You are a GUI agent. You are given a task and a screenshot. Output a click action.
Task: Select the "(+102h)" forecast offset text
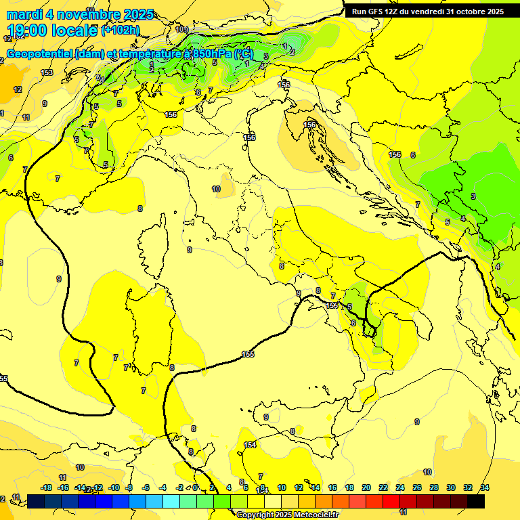pyautogui.click(x=121, y=30)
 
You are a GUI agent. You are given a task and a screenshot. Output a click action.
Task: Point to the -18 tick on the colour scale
pyautogui.click(x=46, y=487)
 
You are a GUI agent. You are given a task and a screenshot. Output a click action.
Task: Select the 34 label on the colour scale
pyautogui.click(x=485, y=487)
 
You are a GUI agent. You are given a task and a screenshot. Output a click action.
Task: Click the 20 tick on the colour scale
pyautogui.click(x=366, y=487)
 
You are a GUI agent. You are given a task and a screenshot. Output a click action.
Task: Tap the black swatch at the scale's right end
pyautogui.click(x=476, y=501)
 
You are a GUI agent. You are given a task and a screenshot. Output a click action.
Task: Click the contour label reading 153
pyautogui.click(x=47, y=72)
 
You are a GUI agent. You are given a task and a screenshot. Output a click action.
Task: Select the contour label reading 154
pyautogui.click(x=250, y=445)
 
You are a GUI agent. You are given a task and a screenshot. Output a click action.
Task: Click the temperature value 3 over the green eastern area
pyautogui.click(x=473, y=196)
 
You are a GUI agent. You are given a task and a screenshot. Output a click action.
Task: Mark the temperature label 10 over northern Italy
pyautogui.click(x=216, y=189)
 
